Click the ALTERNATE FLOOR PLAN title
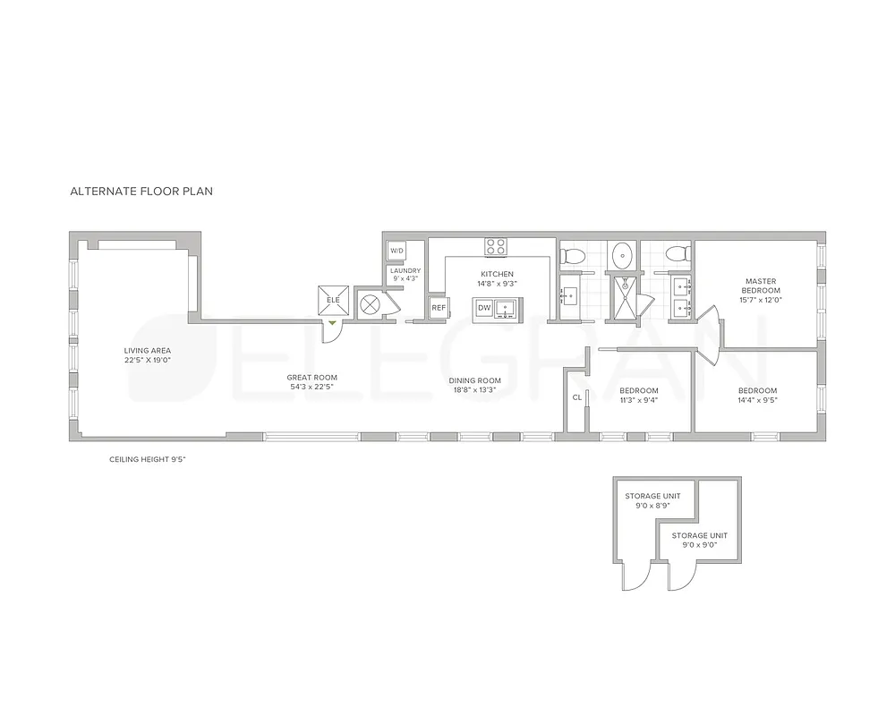[141, 191]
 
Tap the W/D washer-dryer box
[396, 251]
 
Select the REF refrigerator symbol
[439, 308]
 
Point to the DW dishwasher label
[483, 308]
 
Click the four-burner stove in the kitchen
[496, 245]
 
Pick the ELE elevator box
[333, 300]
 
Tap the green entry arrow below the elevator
[333, 321]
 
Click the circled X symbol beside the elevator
[369, 304]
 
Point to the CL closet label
[576, 396]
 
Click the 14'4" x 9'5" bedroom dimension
[757, 401]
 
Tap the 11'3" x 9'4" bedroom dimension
[638, 401]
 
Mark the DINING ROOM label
[474, 380]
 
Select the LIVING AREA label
[148, 350]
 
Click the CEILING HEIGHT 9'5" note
[147, 459]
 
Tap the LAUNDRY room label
[405, 270]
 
